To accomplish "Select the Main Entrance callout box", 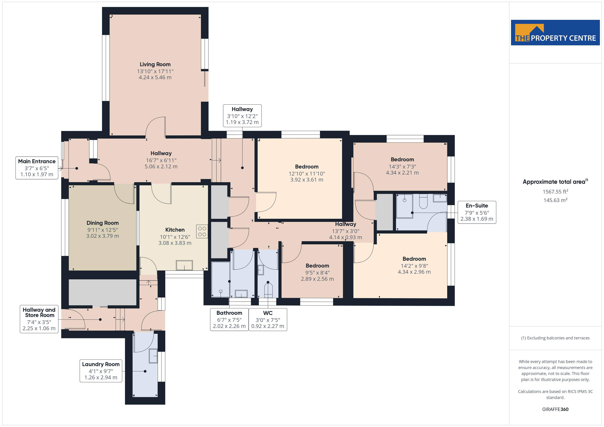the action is click(37, 168).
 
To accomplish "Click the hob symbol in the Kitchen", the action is click(202, 231).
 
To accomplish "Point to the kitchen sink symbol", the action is click(184, 265).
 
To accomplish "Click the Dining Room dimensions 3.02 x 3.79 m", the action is click(103, 236).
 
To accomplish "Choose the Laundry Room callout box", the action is click(101, 371).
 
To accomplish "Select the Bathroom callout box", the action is click(229, 319).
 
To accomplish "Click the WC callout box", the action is click(268, 319).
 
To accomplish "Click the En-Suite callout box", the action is click(477, 212).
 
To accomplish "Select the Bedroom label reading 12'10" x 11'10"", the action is click(307, 173).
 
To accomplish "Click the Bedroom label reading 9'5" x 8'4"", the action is click(317, 272).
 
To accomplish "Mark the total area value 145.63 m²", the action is click(555, 200).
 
